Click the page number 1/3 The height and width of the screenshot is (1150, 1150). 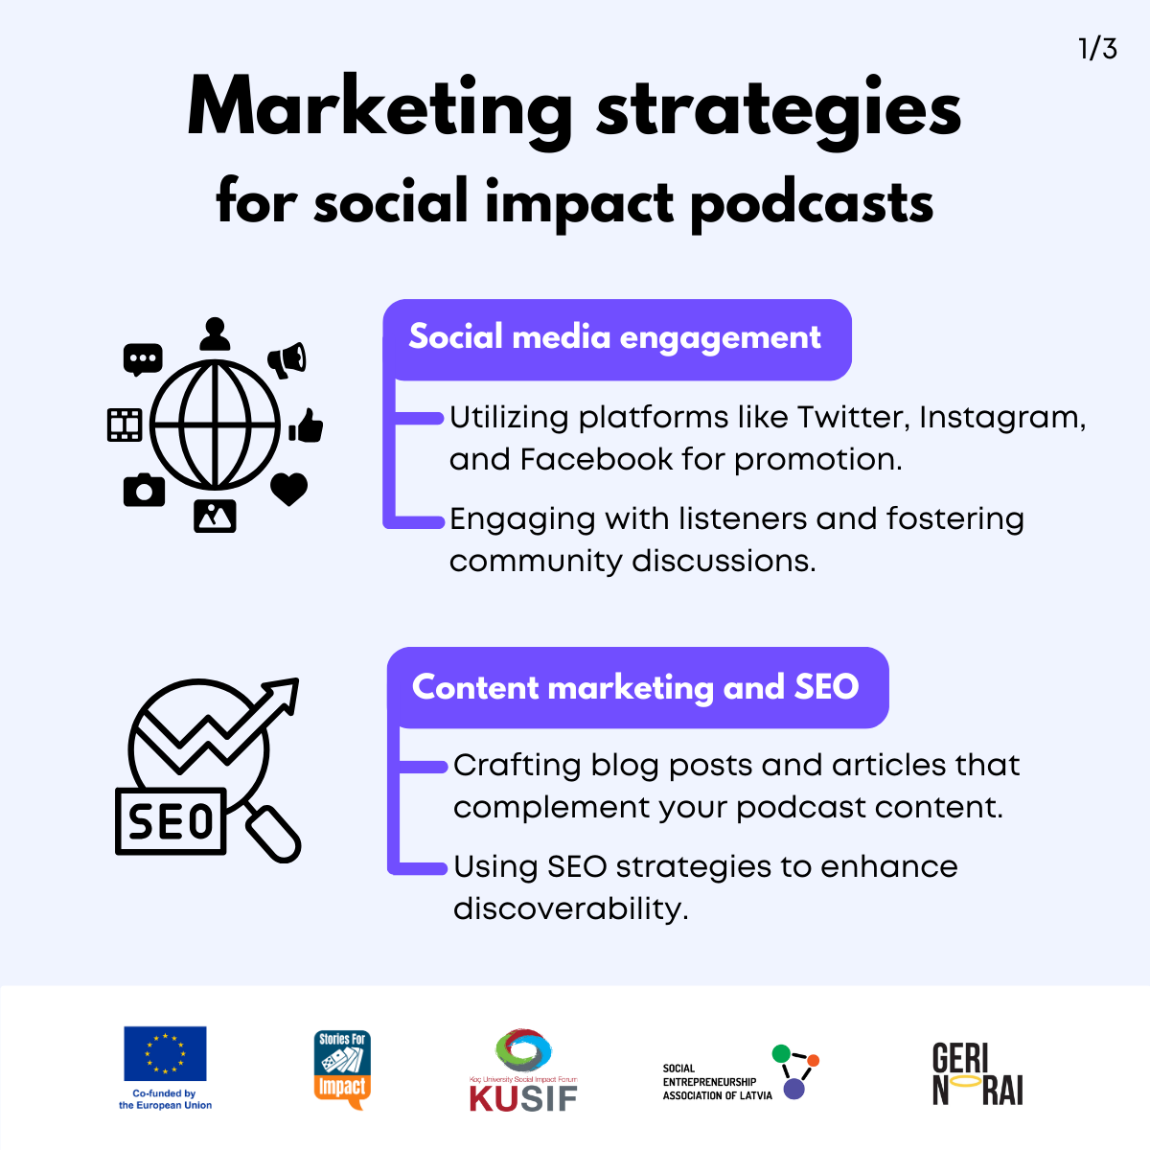1097,49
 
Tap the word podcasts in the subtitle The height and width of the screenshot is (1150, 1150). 813,203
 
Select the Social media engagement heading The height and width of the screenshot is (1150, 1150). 614,337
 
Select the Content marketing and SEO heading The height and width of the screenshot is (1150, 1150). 635,687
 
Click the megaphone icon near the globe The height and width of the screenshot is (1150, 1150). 287,360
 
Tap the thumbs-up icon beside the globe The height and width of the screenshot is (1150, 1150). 306,425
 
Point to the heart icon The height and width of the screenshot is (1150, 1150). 288,489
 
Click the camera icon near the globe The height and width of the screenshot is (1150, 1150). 145,490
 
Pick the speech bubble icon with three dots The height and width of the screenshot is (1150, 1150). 143,360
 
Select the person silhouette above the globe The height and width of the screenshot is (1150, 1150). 215,334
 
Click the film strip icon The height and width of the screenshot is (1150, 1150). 125,425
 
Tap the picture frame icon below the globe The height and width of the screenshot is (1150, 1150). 215,516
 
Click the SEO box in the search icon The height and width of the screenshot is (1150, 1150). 171,821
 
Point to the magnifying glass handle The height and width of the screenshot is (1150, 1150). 273,835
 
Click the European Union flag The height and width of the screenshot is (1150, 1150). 165,1054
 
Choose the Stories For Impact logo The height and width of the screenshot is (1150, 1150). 342,1070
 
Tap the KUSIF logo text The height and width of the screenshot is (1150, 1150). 523,1098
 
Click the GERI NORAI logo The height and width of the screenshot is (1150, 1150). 977,1074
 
